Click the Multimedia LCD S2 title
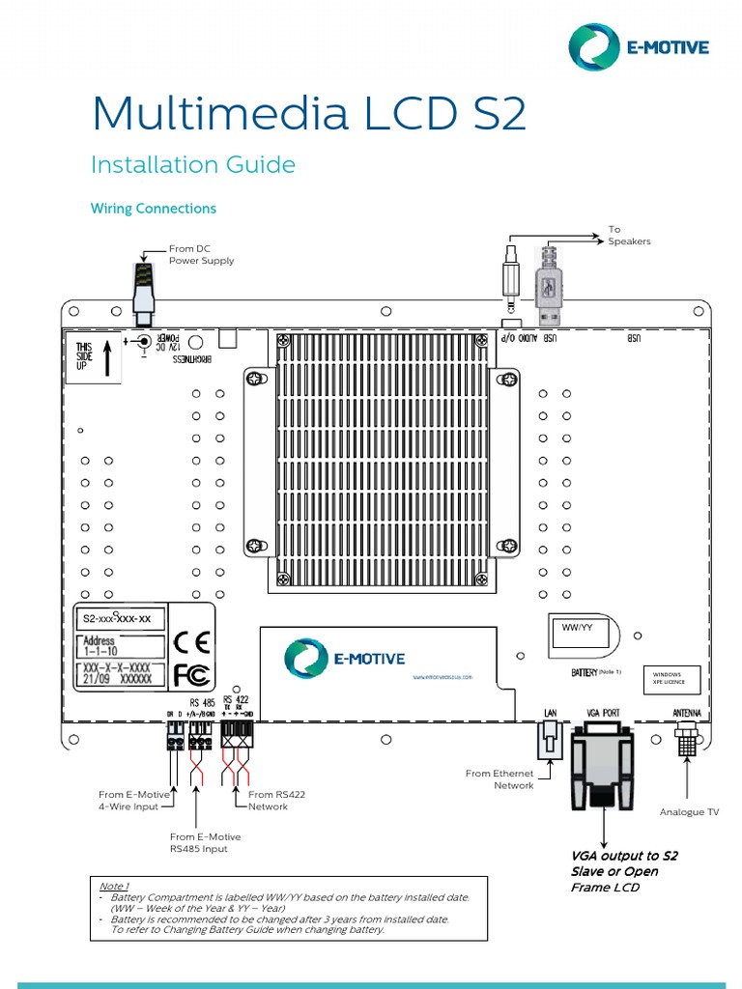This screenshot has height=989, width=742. [308, 114]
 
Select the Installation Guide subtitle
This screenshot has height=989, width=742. [192, 165]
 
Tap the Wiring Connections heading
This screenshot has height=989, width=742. [153, 209]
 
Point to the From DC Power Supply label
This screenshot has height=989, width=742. [201, 255]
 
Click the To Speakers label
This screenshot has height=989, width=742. [629, 236]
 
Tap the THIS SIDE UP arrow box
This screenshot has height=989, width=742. [93, 356]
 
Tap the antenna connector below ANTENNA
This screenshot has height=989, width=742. [687, 740]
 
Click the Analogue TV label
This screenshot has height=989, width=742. [689, 812]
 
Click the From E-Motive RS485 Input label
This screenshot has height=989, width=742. [205, 842]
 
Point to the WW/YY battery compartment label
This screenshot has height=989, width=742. [577, 628]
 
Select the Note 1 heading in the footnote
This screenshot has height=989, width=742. [113, 886]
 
